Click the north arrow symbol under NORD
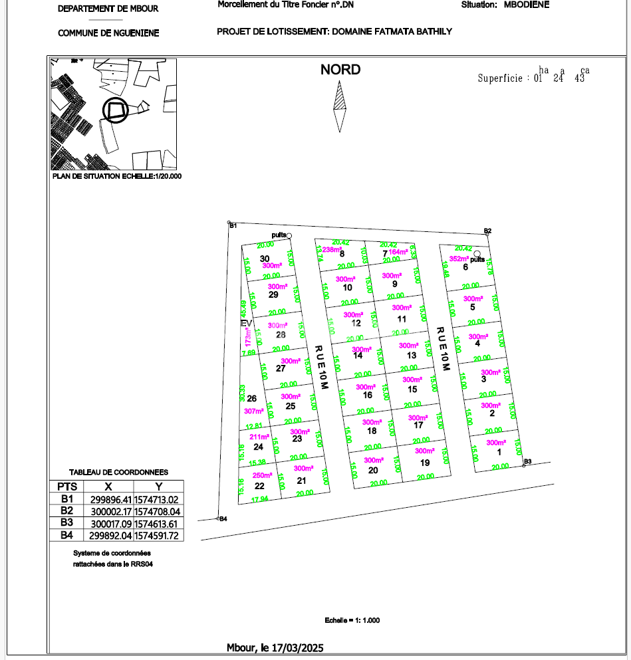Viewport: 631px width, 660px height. tap(340, 106)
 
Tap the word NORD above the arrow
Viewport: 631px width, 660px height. tap(340, 70)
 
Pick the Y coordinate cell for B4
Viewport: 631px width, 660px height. tap(158, 536)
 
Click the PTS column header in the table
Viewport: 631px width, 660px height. tap(67, 487)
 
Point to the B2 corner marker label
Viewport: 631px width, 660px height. tap(487, 231)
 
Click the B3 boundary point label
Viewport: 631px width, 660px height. tap(528, 461)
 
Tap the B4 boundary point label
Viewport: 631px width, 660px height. tap(223, 519)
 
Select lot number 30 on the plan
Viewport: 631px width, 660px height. tap(265, 259)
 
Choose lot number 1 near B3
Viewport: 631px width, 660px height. tap(499, 452)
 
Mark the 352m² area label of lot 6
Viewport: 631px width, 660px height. tap(459, 259)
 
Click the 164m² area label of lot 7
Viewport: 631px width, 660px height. tap(398, 252)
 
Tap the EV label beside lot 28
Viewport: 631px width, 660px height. tap(245, 323)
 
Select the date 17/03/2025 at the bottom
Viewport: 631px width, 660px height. tap(297, 647)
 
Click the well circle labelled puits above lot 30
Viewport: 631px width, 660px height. tap(289, 236)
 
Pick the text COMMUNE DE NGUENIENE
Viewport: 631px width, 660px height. tap(108, 33)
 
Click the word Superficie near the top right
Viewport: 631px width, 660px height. tap(501, 78)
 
